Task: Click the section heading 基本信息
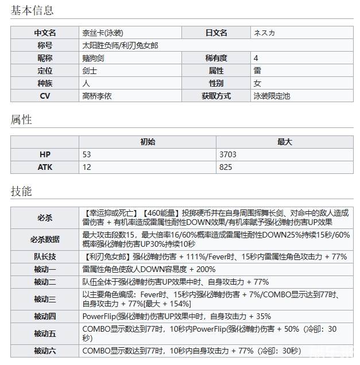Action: tap(32, 10)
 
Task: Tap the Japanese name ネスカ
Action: tap(264, 33)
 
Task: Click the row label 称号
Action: tap(45, 45)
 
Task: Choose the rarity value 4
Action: tap(256, 58)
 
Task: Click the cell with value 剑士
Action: tap(90, 71)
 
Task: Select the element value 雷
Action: tap(257, 71)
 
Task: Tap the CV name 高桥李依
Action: tap(97, 96)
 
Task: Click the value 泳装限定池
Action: tap(272, 96)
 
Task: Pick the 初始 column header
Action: tap(148, 142)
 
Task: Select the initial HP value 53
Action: tap(87, 154)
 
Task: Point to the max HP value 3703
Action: tap(228, 154)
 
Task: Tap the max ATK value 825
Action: tap(226, 167)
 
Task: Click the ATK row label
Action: tap(45, 167)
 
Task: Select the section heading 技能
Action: tap(21, 191)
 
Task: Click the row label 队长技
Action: tap(45, 257)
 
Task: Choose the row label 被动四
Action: tap(45, 316)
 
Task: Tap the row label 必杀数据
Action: tap(45, 239)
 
